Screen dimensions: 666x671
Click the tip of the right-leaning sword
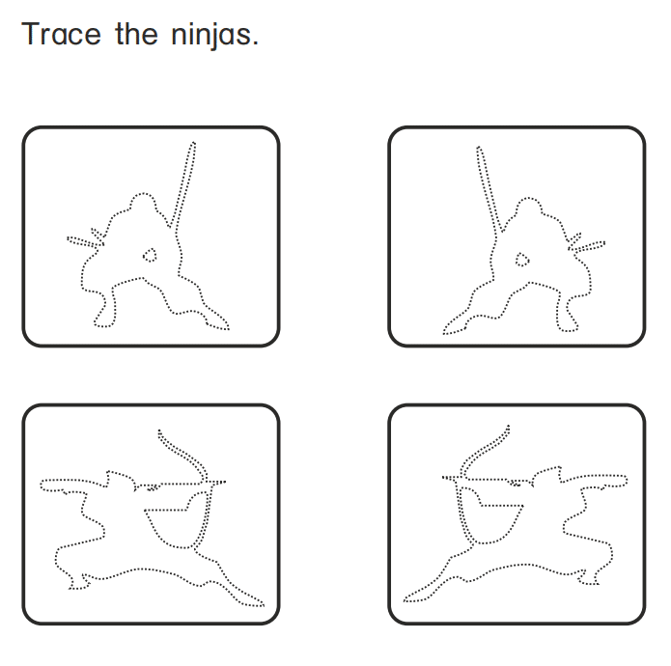tap(193, 144)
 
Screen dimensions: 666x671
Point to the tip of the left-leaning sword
tap(478, 149)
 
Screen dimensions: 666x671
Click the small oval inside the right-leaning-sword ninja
tap(150, 256)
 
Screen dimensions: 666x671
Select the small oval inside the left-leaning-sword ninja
tap(521, 259)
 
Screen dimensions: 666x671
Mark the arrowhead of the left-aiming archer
tap(445, 478)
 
